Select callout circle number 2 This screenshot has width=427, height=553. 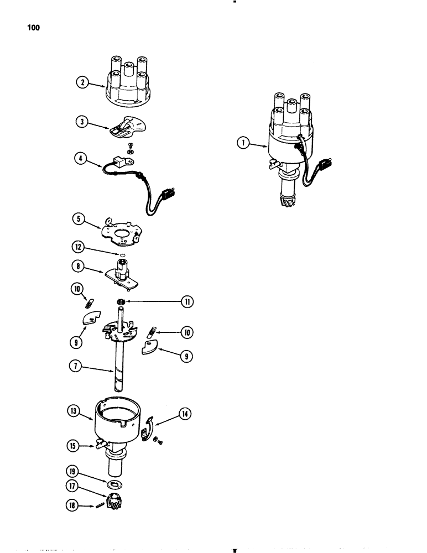(x=81, y=83)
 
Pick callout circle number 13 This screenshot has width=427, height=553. (x=74, y=412)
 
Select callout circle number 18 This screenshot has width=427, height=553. (x=74, y=505)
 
